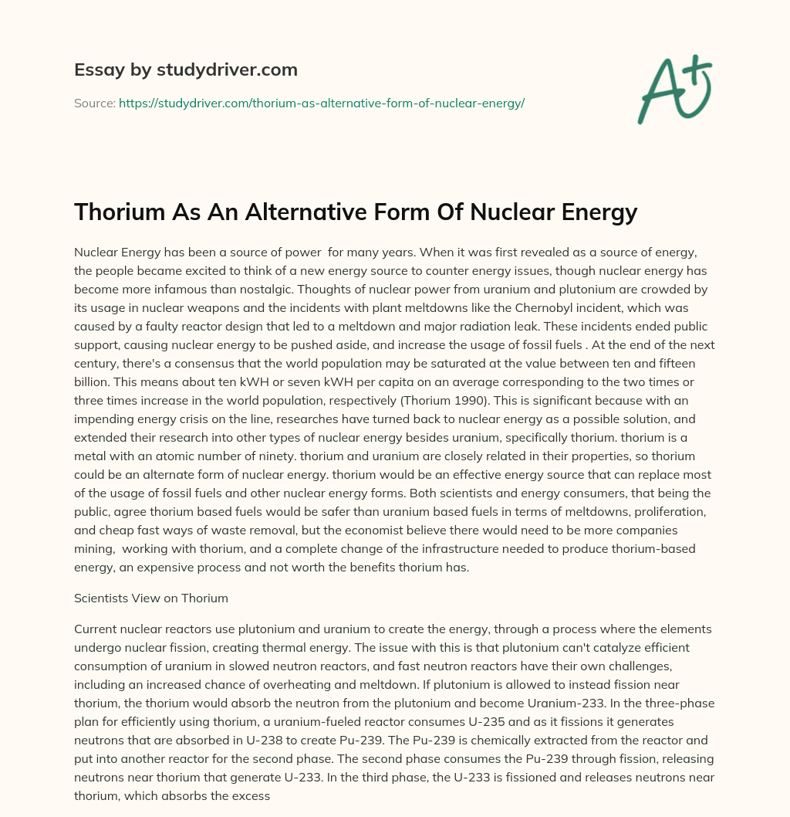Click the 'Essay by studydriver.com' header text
tap(185, 69)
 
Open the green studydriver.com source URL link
tap(322, 103)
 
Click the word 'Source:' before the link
tap(94, 103)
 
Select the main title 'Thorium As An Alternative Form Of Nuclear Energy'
tap(356, 212)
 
